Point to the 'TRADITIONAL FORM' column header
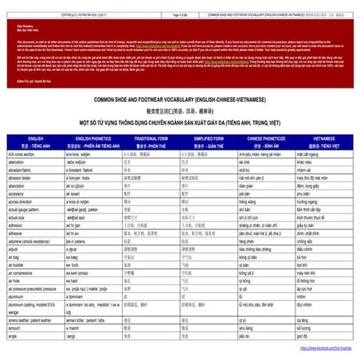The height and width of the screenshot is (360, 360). [x=142, y=138]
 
